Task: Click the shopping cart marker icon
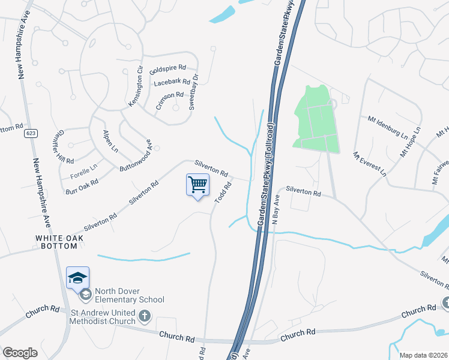(197, 184)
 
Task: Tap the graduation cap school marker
(78, 277)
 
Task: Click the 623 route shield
(31, 133)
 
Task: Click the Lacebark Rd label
(172, 82)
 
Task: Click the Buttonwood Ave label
(134, 157)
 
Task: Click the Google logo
(20, 353)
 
